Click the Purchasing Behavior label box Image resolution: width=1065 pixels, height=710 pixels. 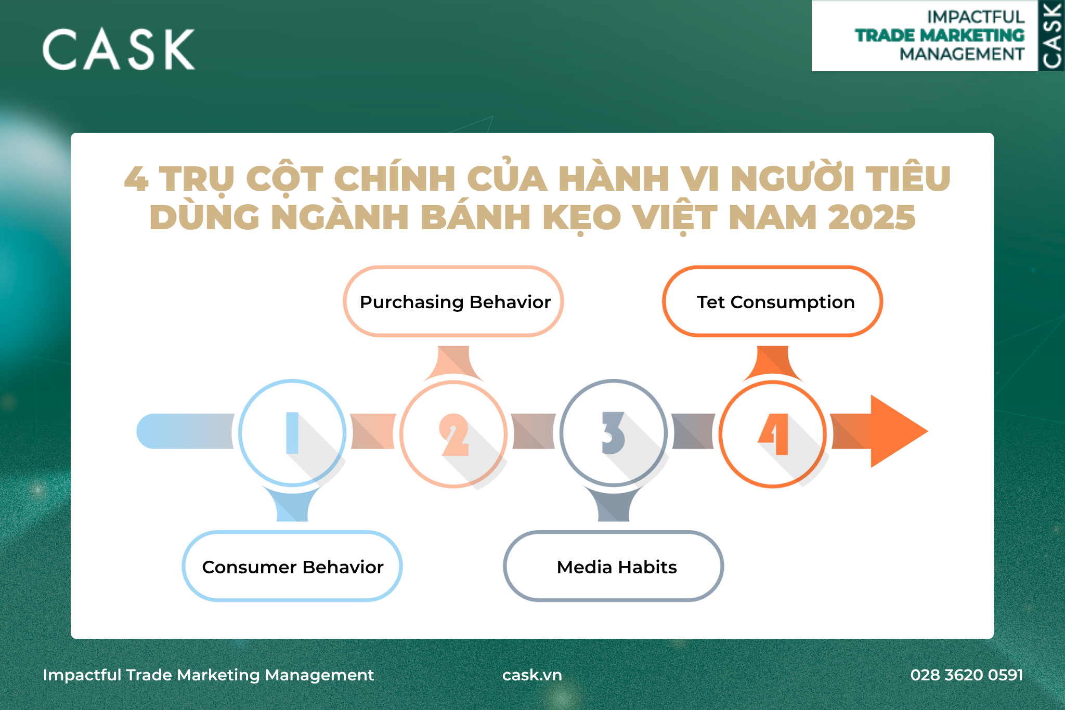pos(453,301)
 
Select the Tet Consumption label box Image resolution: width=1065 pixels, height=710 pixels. pos(773,301)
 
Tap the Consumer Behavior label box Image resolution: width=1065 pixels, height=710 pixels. pos(292,566)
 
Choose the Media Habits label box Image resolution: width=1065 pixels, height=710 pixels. pos(614,566)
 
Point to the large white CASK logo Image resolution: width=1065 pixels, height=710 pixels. pos(119,49)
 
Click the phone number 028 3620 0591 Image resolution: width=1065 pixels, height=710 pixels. pos(967,675)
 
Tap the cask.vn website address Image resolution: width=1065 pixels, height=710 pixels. pos(532,675)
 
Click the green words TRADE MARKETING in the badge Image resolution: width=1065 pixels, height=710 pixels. pos(940,35)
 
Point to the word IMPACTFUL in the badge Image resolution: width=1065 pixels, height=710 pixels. pos(976,17)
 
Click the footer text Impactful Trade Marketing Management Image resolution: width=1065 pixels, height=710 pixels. pos(208,675)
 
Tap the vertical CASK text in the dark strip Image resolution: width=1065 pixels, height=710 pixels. pos(1051,35)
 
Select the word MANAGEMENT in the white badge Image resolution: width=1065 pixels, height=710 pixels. pos(962,54)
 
